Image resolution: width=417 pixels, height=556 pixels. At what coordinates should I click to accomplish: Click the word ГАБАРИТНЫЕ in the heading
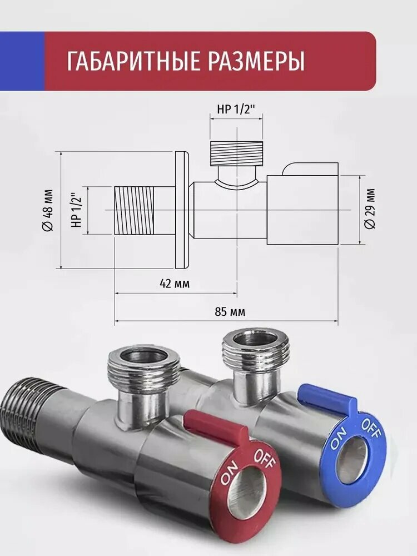(x=133, y=61)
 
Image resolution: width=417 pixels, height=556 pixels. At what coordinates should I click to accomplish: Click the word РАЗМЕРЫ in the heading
(x=256, y=61)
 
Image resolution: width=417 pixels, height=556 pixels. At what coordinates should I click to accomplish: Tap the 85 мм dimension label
(x=230, y=312)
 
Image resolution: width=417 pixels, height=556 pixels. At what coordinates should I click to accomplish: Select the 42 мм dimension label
(x=174, y=284)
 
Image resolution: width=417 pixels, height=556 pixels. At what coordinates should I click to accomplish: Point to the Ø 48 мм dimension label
(x=48, y=210)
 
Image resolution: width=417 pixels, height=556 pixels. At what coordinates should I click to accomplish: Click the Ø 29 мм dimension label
(x=370, y=209)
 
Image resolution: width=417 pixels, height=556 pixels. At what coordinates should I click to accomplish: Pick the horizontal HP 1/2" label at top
(x=236, y=109)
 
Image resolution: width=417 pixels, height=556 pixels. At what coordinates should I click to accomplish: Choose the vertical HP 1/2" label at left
(x=77, y=210)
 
